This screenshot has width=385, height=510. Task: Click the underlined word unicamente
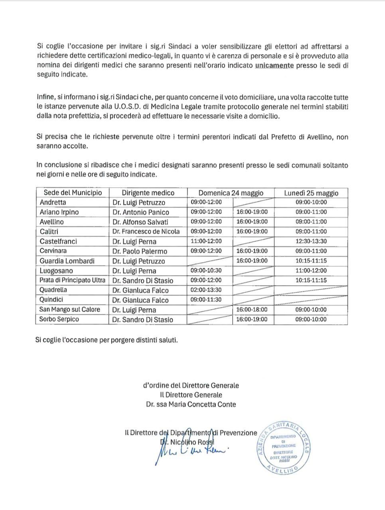(274, 65)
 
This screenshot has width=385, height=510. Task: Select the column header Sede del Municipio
(73, 193)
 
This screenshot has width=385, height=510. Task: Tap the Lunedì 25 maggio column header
(311, 193)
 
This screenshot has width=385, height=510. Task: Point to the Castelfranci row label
(58, 241)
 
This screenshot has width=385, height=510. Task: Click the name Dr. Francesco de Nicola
(146, 231)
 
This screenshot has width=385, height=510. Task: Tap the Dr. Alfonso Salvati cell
(140, 222)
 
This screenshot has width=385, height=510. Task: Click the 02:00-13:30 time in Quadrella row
(206, 290)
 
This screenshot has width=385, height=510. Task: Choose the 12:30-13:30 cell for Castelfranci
(311, 241)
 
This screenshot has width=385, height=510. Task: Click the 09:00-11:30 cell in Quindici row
(206, 300)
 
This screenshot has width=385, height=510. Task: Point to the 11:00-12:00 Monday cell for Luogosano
(311, 271)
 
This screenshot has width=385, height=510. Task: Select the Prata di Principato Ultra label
(72, 280)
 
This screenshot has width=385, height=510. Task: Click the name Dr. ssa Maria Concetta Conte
(191, 404)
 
